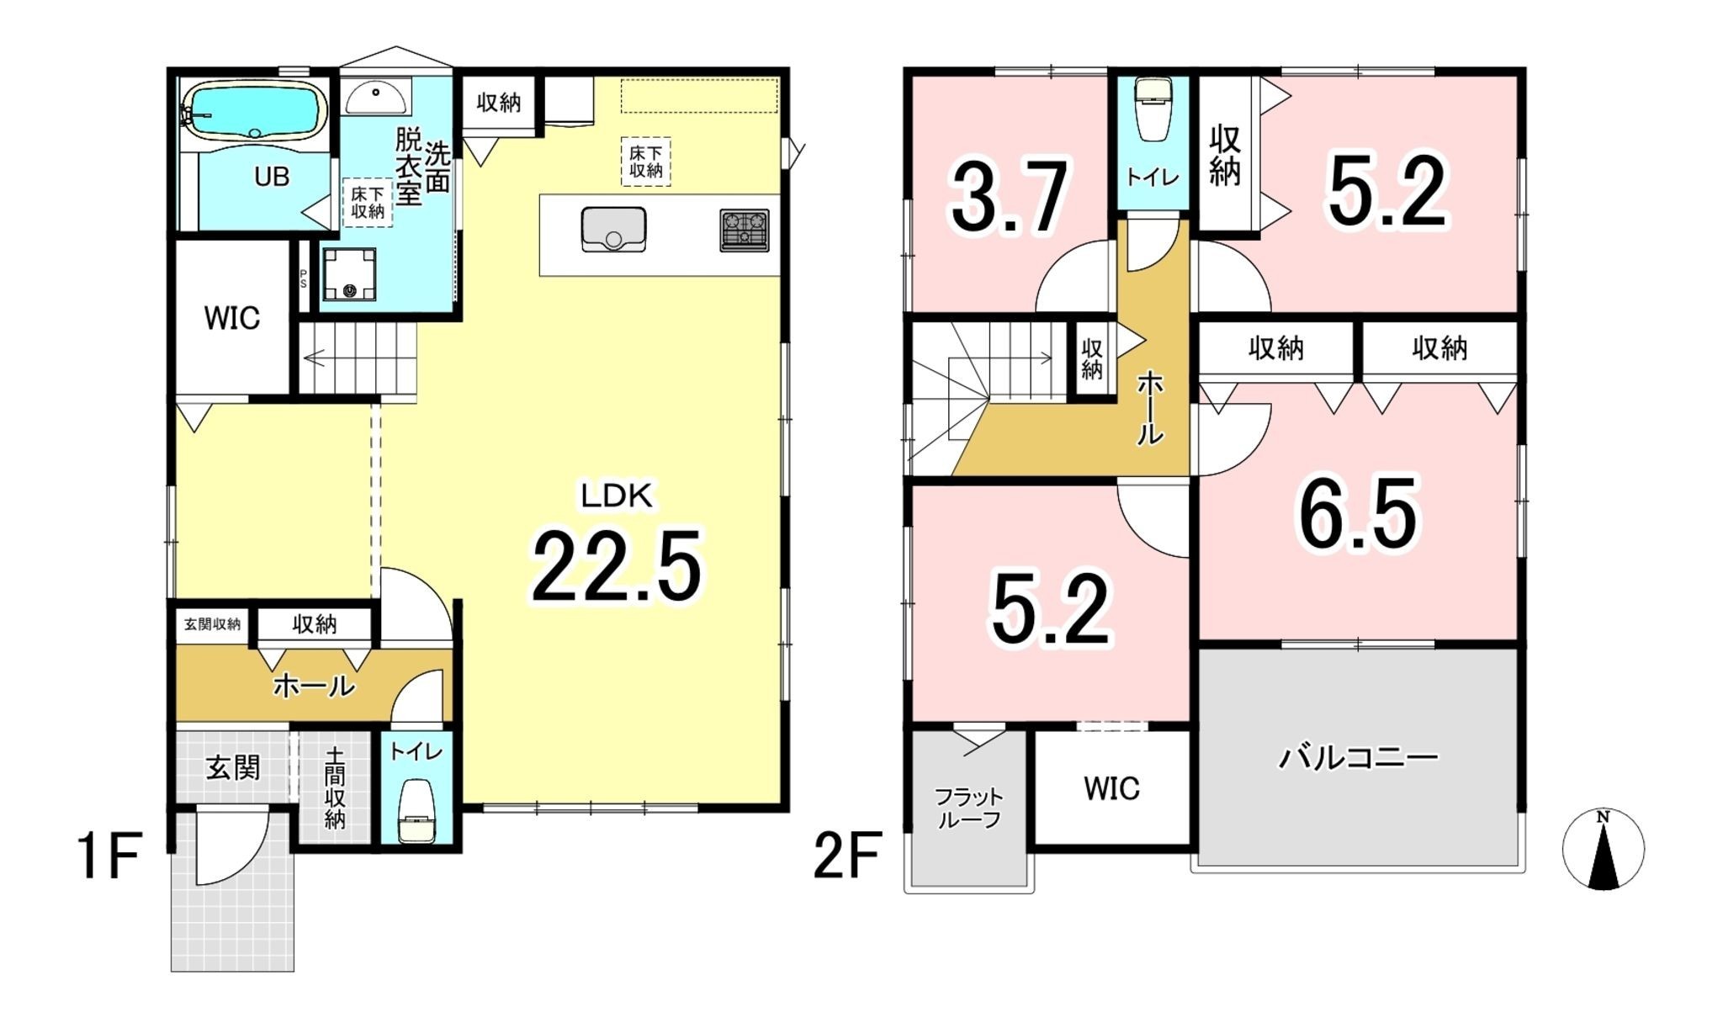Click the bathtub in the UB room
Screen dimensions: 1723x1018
255,110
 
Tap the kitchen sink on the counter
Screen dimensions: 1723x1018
613,230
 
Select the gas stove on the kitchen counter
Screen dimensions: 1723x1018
745,231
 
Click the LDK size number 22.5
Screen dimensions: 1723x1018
616,566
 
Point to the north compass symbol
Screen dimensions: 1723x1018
1604,850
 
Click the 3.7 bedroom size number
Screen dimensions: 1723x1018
1010,196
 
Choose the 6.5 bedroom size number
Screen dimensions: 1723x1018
1358,514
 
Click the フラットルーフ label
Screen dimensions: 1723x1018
968,808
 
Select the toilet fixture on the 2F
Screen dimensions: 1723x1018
1152,109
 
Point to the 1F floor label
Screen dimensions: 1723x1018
109,856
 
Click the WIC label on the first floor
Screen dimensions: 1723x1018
232,318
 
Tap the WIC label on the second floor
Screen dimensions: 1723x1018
1111,788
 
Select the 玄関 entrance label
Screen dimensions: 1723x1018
233,767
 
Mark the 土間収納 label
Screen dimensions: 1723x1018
335,788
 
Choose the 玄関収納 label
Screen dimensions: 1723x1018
212,624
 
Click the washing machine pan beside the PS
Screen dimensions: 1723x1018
349,274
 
